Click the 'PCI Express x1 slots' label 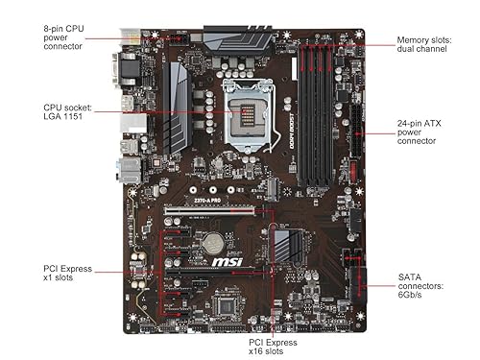pos(68,274)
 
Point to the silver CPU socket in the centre pos(246,115)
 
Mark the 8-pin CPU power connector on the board pos(178,40)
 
